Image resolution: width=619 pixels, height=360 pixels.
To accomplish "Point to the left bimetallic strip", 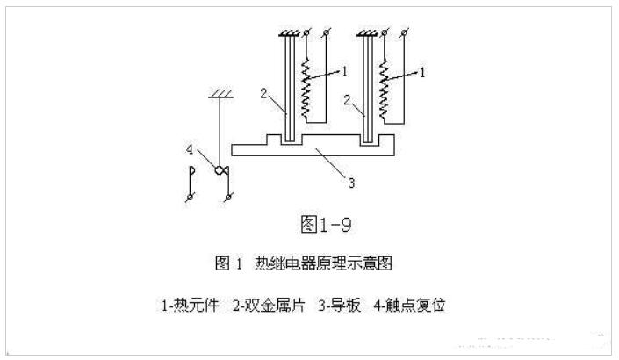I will click(287, 88).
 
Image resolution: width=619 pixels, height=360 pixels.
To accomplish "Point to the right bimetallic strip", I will click(366, 88).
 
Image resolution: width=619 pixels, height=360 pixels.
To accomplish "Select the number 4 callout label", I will click(191, 150).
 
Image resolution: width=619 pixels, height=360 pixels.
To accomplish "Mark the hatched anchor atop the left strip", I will click(288, 35).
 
